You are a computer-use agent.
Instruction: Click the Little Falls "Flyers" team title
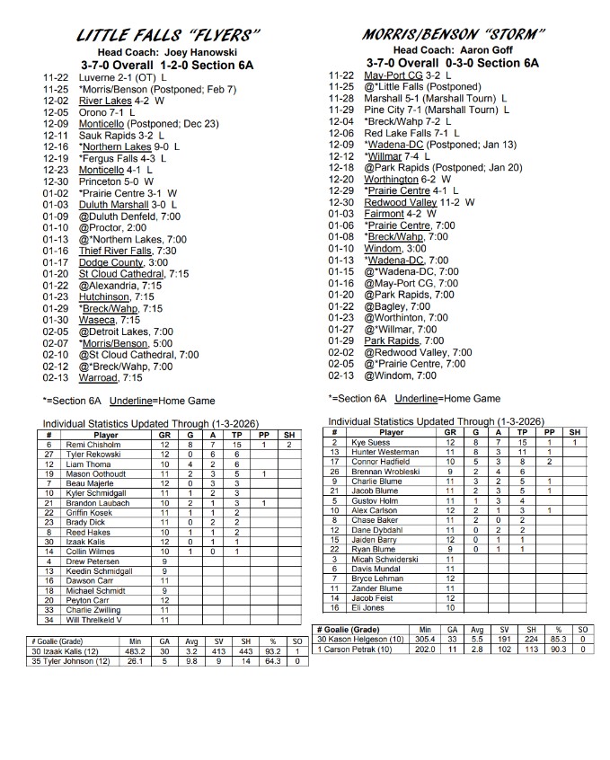[169, 35]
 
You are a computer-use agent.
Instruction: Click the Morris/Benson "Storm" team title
[454, 34]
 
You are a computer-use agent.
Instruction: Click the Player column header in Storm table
[392, 432]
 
